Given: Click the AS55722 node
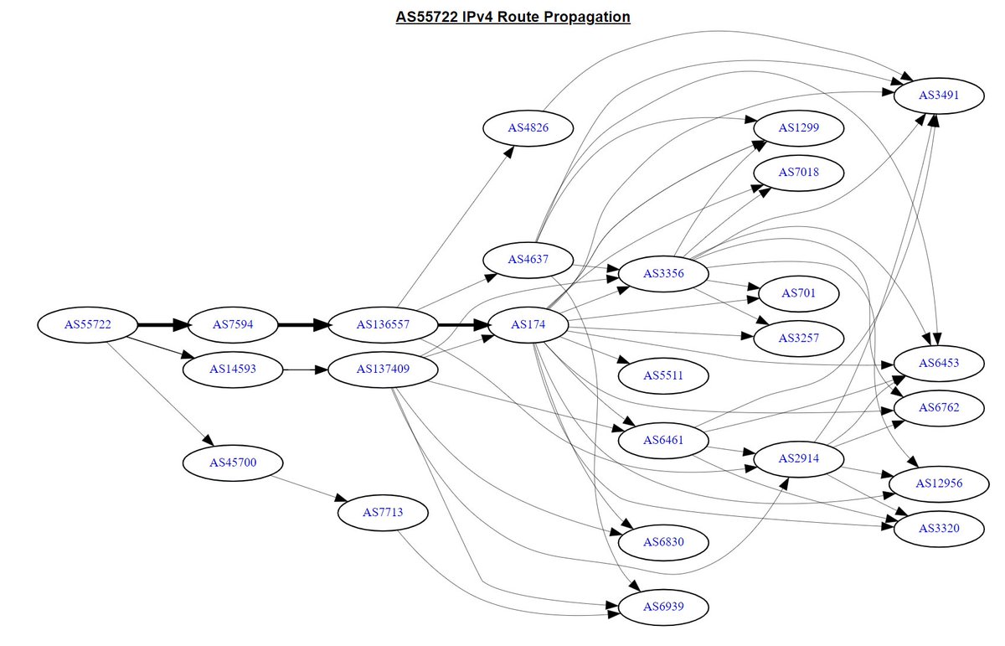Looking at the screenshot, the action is click(x=87, y=324).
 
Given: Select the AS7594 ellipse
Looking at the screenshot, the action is click(x=233, y=324).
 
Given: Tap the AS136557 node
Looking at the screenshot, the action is click(x=383, y=324).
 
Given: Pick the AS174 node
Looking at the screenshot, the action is click(x=528, y=324).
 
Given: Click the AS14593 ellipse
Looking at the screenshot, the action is click(x=233, y=370).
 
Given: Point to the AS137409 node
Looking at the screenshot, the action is click(x=383, y=370).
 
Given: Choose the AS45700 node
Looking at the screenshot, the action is click(x=233, y=463).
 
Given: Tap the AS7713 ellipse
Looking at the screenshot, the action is click(x=383, y=513).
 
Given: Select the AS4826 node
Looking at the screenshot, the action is click(x=528, y=128).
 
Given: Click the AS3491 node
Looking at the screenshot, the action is click(x=939, y=96).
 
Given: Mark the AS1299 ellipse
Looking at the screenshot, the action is click(x=799, y=128).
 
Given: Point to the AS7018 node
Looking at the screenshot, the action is click(x=799, y=173).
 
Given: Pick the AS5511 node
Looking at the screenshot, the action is click(x=663, y=375).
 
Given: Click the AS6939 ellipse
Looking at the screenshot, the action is click(x=663, y=607).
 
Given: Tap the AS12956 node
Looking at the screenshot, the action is click(x=939, y=483).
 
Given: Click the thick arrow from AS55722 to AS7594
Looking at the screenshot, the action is click(x=162, y=324).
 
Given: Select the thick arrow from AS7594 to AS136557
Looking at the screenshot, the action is click(x=303, y=324).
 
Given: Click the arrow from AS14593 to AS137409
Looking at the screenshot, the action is click(x=306, y=370).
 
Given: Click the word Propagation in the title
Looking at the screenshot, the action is click(x=585, y=17).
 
